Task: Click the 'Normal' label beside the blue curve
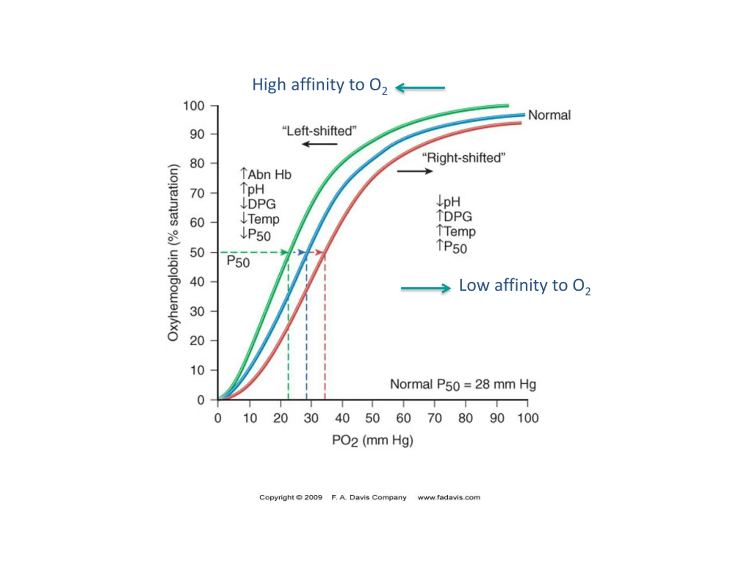[549, 115]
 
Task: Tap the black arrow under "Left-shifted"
[320, 144]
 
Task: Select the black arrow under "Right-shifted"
[415, 171]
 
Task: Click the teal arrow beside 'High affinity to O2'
[420, 88]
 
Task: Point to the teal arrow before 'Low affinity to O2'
[426, 288]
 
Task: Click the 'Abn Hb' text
[270, 175]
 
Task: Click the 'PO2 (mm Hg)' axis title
[372, 441]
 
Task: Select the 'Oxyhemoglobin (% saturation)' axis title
[173, 253]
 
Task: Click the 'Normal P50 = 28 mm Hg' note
[463, 385]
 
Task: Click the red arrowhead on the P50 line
[319, 252]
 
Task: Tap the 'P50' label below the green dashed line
[238, 262]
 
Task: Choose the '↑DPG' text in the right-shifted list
[454, 216]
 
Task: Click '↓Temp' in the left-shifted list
[260, 219]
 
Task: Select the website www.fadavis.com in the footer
[449, 497]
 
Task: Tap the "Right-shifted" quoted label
[464, 158]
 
